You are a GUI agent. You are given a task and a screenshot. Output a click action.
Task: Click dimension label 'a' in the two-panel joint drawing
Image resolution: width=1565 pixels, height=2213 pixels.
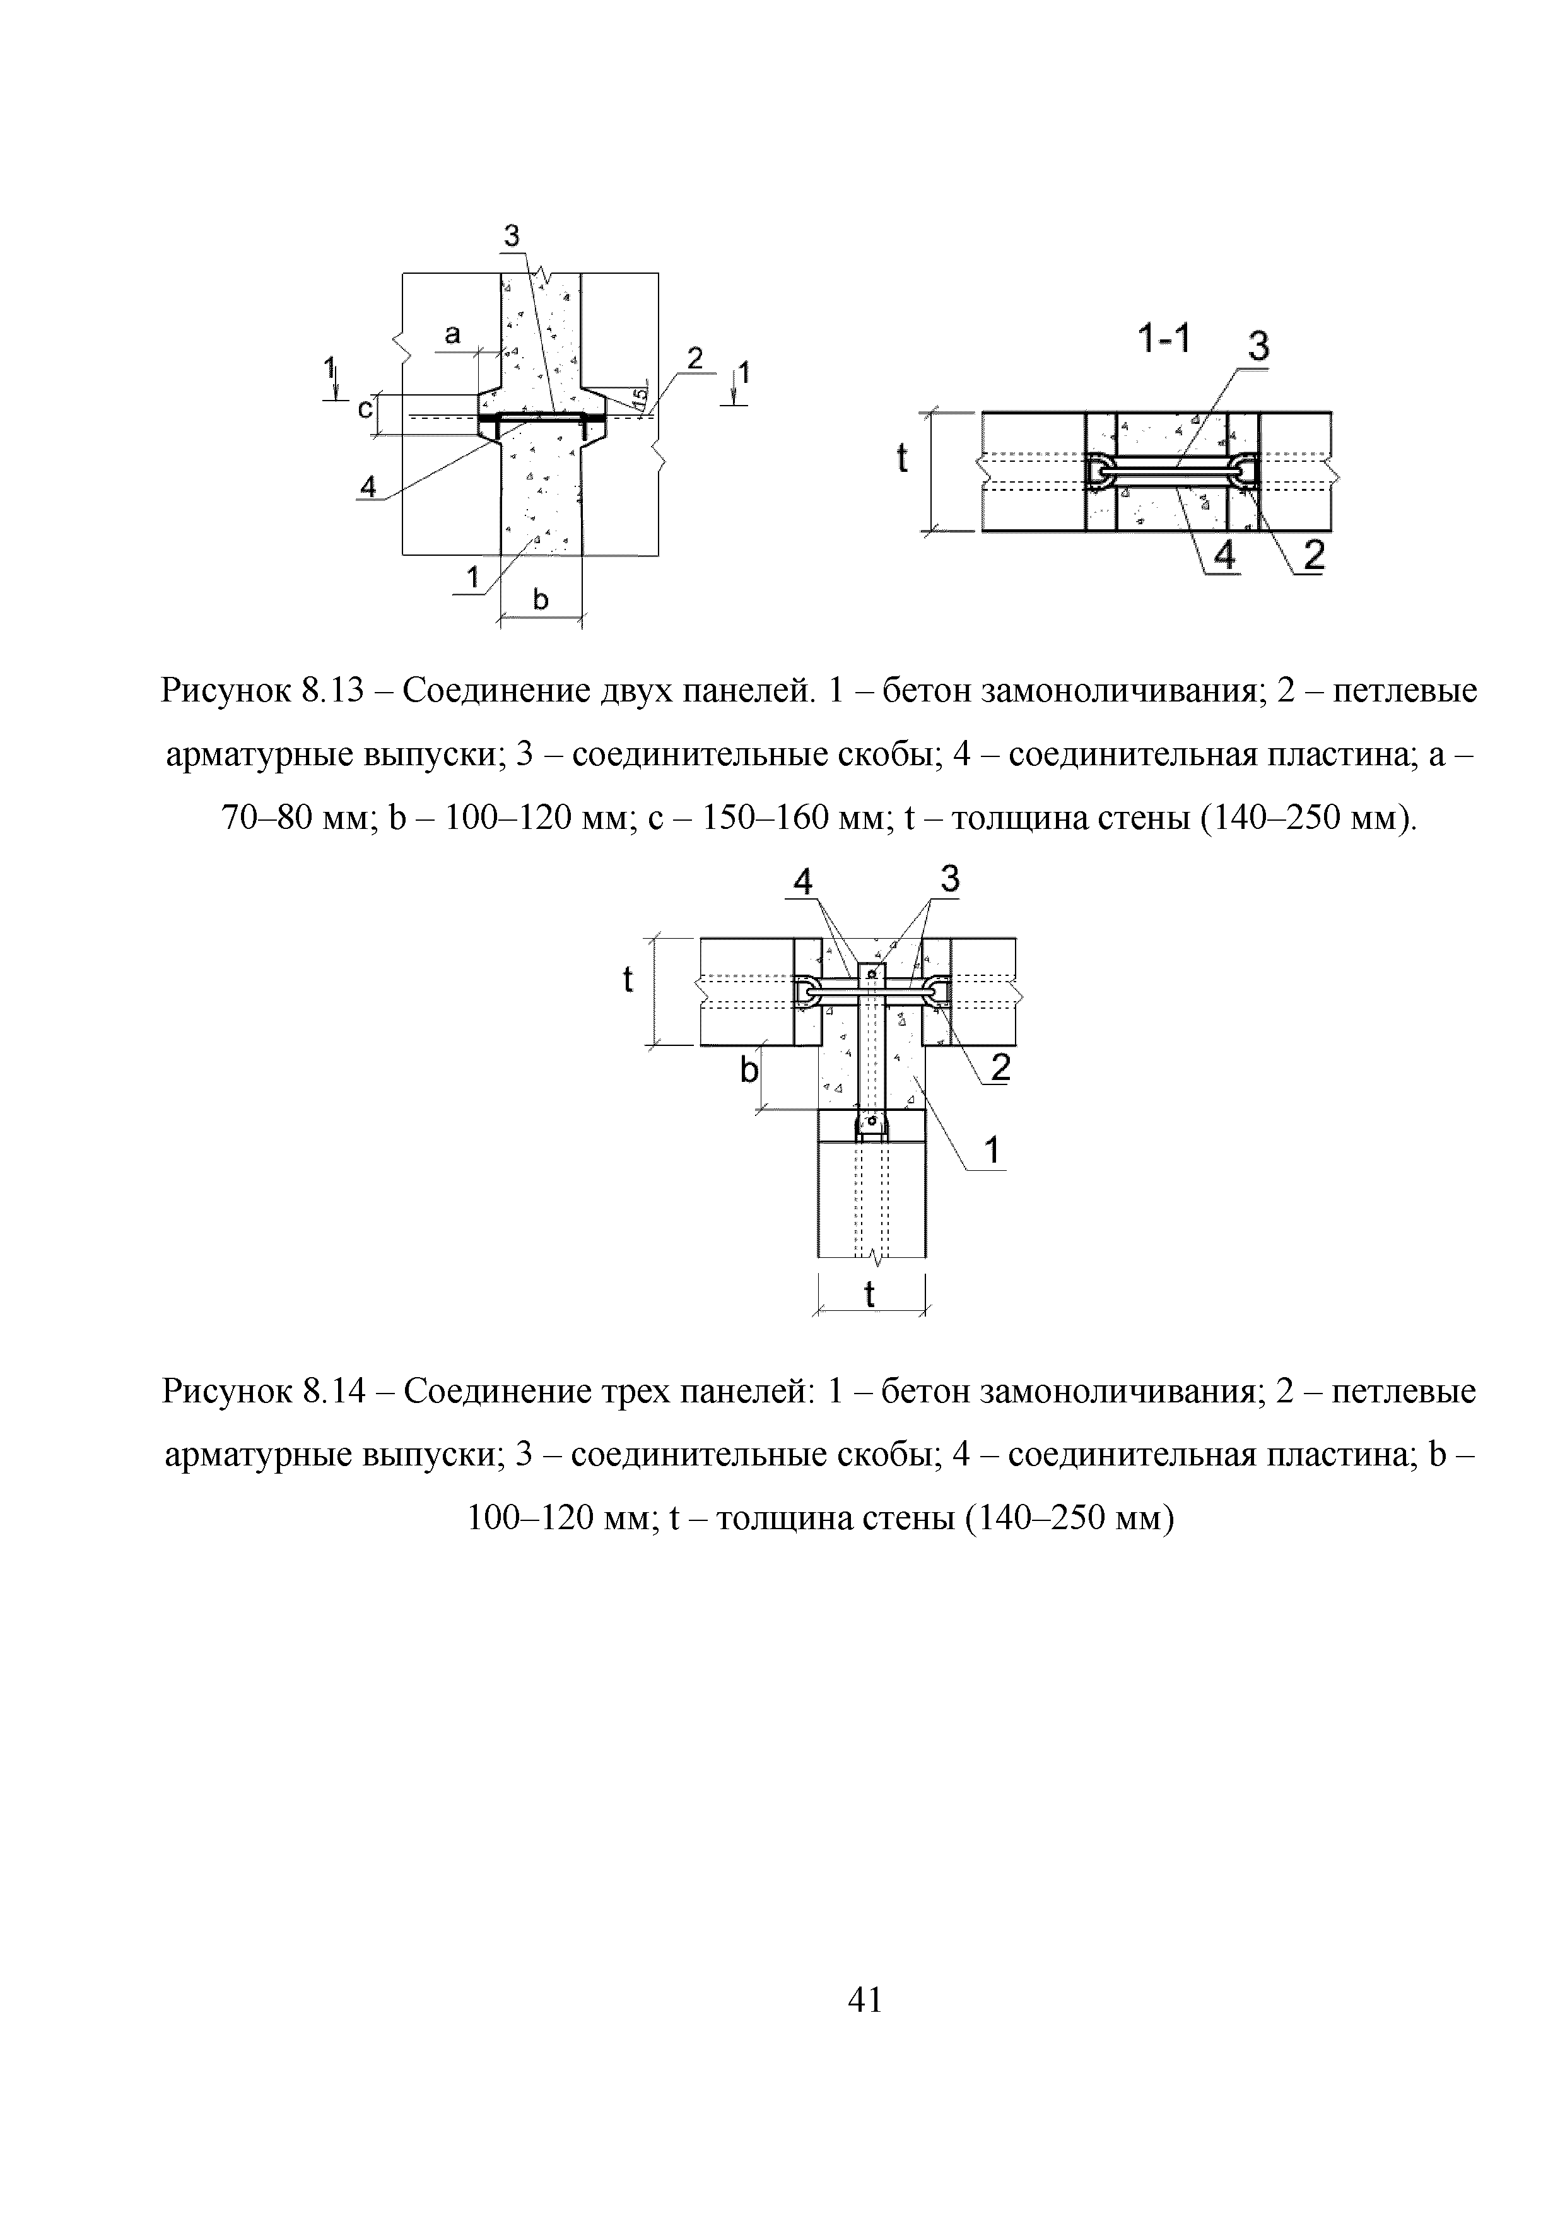coord(452,334)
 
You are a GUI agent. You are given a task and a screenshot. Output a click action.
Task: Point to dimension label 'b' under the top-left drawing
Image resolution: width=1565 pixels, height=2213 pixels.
coord(540,601)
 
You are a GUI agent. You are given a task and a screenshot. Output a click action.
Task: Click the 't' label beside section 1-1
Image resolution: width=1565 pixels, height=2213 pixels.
coord(902,459)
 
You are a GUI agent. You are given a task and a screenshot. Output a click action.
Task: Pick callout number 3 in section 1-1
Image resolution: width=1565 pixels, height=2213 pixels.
coord(1258,346)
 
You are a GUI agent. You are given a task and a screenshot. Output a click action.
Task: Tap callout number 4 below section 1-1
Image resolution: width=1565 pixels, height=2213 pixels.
coord(1224,555)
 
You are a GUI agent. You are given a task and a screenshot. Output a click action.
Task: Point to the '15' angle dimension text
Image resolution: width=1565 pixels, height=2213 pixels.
coord(638,396)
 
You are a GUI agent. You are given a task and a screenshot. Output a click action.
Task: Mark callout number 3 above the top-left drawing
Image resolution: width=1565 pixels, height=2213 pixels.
coord(511,235)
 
